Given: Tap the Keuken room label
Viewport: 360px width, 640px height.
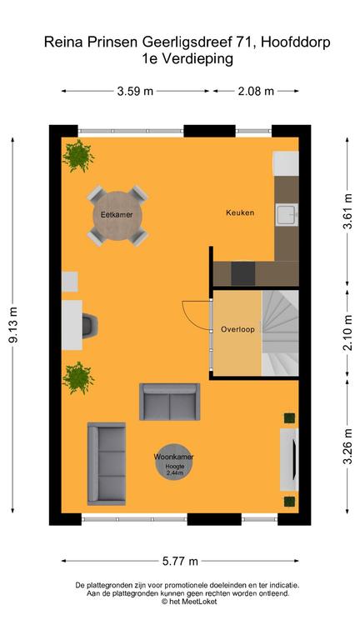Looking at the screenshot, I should coord(240,213).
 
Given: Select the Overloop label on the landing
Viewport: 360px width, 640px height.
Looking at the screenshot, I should coord(237,329).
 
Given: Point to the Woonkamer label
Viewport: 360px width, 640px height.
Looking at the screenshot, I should coord(174,458).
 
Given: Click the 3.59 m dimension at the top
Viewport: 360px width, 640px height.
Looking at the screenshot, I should coord(134,92).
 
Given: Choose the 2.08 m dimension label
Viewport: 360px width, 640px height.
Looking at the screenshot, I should coord(256,92).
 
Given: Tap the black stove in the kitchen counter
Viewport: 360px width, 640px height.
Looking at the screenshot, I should coord(243,272).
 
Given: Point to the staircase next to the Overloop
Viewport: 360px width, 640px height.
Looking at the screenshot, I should coord(280,332).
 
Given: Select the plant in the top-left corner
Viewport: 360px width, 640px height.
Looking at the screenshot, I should coord(79,156).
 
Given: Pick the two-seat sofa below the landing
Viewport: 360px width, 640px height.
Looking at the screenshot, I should coord(169,402).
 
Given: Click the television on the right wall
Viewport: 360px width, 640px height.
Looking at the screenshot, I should coord(291,459).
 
